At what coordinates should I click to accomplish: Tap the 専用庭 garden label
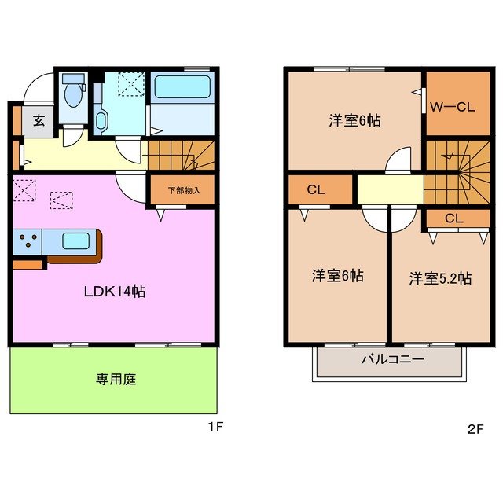(116, 380)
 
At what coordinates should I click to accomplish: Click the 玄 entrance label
(38, 122)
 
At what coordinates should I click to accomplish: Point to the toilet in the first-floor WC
(73, 94)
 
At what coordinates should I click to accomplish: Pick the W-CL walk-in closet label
(453, 108)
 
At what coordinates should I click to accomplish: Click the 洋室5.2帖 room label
(440, 278)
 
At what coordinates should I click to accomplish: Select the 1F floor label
(216, 429)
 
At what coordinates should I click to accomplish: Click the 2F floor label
(475, 429)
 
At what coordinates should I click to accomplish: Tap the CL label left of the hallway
(316, 189)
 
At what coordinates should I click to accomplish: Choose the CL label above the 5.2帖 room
(453, 218)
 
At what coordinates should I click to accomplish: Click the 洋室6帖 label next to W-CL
(354, 120)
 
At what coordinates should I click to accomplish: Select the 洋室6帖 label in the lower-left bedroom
(337, 276)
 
